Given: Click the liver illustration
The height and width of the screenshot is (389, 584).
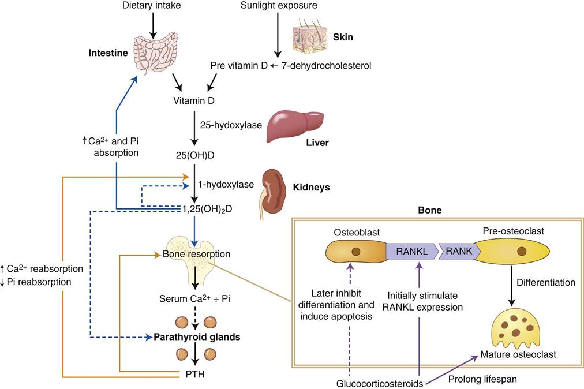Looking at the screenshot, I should click(295, 124).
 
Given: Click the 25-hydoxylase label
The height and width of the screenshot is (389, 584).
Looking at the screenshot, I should click(231, 124).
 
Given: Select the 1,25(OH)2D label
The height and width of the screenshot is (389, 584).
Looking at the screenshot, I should click(208, 208).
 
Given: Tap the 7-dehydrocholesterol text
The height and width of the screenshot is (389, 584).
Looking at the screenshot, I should click(326, 66).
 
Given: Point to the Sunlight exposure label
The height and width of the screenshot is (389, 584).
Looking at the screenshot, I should click(279, 5).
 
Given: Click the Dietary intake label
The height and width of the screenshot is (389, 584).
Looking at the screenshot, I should click(152, 5).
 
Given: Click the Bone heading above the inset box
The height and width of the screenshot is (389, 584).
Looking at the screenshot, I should click(429, 211).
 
